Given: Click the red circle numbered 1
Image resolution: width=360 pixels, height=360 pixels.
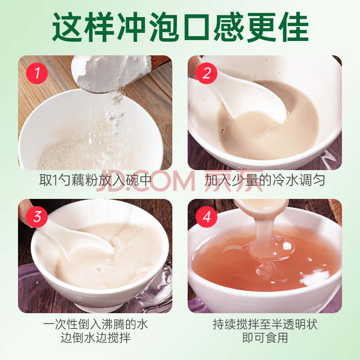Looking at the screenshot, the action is click(x=37, y=73).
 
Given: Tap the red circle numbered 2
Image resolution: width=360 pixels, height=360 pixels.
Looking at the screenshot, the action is click(x=207, y=73).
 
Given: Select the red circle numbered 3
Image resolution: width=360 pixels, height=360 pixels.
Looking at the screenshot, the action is click(x=37, y=217).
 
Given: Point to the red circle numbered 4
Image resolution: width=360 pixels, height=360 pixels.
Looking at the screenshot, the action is click(x=207, y=217).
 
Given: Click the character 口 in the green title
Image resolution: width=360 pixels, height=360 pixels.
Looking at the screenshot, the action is click(x=196, y=27).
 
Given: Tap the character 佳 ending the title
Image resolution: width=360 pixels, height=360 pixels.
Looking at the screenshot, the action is click(x=293, y=27).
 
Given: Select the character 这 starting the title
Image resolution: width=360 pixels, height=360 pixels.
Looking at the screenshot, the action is click(x=67, y=27).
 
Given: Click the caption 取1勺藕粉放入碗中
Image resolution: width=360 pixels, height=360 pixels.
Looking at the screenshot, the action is click(x=95, y=180).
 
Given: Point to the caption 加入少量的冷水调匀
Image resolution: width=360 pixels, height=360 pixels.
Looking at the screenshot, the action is click(x=265, y=180).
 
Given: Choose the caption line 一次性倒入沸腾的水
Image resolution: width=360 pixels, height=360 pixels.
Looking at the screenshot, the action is click(x=95, y=324).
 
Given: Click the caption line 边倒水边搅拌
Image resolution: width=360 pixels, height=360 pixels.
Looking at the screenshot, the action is click(x=95, y=338).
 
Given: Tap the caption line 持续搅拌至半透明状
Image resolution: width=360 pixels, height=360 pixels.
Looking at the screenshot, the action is click(x=265, y=324).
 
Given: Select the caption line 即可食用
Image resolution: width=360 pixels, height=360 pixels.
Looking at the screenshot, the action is click(x=265, y=338).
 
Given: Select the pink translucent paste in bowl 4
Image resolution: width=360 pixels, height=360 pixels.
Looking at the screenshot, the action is click(x=264, y=262).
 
